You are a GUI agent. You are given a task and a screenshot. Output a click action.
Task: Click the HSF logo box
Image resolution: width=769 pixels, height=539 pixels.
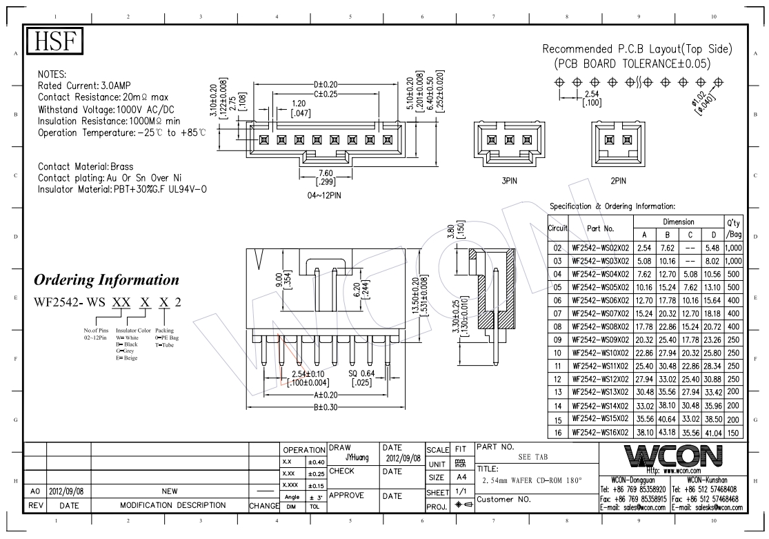[54, 43]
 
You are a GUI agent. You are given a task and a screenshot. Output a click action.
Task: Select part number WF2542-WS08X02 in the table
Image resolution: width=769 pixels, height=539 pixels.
[599, 326]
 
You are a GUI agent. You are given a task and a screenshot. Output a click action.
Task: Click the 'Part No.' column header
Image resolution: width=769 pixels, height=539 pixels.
[600, 228]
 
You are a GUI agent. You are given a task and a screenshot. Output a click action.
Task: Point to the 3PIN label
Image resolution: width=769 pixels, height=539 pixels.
[510, 180]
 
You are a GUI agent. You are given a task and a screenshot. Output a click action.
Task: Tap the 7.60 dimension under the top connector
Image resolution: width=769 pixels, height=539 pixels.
[325, 173]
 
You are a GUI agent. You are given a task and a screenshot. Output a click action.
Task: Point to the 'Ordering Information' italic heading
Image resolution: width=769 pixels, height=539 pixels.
[106, 280]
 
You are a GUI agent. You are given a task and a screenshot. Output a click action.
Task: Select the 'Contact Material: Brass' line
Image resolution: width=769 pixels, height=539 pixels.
[86, 166]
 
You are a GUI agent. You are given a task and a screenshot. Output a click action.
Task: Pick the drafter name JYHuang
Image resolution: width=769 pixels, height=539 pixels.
[357, 457]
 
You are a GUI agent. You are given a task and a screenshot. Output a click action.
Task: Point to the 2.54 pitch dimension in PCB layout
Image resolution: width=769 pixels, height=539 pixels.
[591, 95]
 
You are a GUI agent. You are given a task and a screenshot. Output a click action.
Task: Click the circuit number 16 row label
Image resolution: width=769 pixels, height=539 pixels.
[557, 432]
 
